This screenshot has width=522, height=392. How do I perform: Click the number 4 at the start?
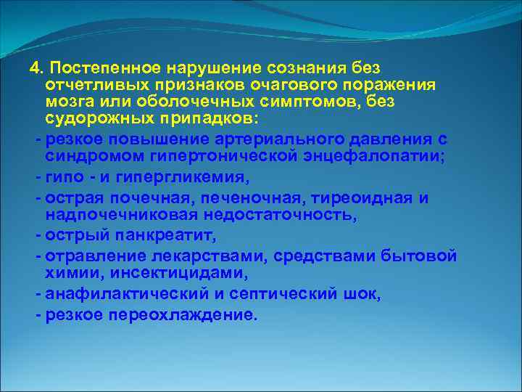tap(33, 68)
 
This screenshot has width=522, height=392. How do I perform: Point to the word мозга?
tap(69, 102)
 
